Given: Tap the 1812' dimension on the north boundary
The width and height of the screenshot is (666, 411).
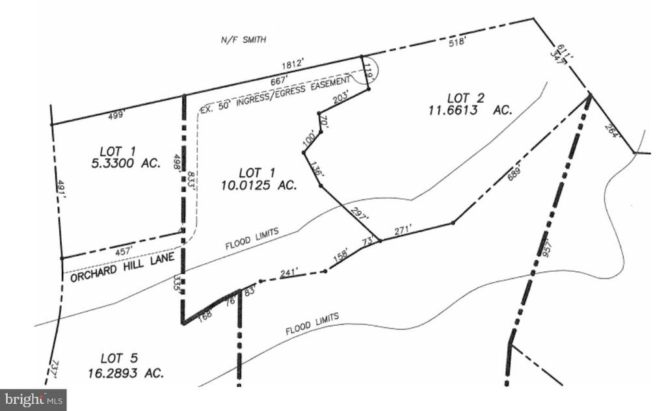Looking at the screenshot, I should (x=293, y=65).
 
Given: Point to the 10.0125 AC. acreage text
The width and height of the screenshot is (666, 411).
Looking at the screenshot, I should (x=258, y=185).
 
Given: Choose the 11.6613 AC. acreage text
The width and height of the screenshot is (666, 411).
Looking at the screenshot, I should (x=470, y=111).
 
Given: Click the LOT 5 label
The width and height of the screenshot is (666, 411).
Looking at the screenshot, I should (x=120, y=358).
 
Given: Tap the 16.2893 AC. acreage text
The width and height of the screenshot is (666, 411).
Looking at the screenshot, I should (x=126, y=373).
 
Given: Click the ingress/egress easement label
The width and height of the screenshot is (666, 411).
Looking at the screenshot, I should (x=279, y=90).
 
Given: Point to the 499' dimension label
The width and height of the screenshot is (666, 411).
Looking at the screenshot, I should (x=115, y=115).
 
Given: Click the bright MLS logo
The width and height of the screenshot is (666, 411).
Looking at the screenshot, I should (x=33, y=399).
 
